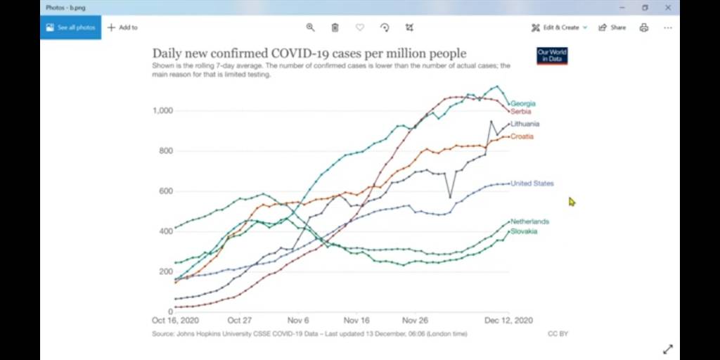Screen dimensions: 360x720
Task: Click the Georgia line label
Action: coord(522,104)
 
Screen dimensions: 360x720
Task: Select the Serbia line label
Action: coord(521,112)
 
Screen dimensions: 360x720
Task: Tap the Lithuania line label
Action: coord(525,124)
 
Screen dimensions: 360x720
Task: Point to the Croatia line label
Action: coord(522,136)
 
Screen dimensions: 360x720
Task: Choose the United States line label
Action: coord(532,184)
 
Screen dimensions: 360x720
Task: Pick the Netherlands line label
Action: coord(529,221)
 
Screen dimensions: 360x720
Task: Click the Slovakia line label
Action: coord(524,231)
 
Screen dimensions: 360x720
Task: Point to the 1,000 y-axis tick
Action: coord(162,111)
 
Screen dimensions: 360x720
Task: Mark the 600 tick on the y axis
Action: coord(165,191)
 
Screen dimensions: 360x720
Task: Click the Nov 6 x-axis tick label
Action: coord(298,320)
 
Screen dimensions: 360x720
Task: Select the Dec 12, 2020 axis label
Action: coord(509,320)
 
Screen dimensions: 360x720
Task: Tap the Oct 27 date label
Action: coord(240,320)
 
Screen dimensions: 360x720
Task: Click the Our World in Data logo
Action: coord(552,56)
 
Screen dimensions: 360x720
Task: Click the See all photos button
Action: coord(70,27)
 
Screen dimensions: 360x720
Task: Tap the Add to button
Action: coord(122,27)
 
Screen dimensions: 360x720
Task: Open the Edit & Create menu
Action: coord(560,27)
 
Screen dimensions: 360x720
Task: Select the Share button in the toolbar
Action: coord(612,27)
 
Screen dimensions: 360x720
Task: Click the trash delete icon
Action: coord(335,27)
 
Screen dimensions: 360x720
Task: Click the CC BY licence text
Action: coord(558,333)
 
